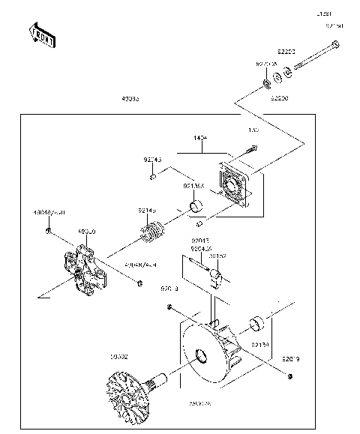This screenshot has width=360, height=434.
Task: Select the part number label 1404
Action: (x=200, y=139)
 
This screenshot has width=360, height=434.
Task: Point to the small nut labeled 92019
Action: (x=290, y=374)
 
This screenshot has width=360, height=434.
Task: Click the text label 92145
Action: (x=148, y=212)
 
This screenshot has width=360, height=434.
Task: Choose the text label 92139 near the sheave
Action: (x=259, y=344)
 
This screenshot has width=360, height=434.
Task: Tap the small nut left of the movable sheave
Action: (x=171, y=307)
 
